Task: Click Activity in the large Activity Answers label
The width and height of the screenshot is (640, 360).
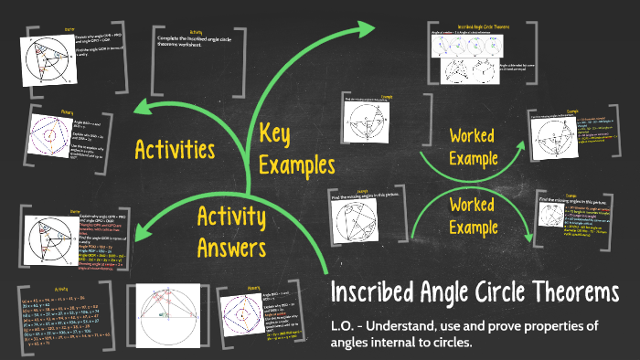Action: tap(231, 218)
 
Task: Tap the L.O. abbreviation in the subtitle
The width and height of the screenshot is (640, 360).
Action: tap(341, 326)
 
